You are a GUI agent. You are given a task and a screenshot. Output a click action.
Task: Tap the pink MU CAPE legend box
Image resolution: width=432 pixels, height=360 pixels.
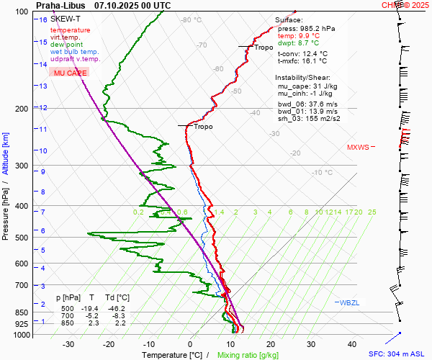[69, 73]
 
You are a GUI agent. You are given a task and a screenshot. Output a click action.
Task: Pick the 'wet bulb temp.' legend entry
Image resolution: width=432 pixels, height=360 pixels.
[75, 52]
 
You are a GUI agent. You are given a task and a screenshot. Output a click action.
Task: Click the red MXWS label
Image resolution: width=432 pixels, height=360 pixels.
[358, 147]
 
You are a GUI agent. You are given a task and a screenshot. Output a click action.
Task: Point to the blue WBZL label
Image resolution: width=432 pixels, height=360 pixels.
[349, 302]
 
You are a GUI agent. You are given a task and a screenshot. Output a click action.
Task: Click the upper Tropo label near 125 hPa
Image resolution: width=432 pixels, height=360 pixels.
[264, 48]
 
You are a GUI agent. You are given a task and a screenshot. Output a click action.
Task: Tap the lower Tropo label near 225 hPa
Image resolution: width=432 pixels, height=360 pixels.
[203, 127]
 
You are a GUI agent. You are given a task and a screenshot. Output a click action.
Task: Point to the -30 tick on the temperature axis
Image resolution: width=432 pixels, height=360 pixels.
[68, 344]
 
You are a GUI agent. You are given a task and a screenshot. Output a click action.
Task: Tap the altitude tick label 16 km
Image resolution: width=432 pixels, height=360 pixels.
[43, 19]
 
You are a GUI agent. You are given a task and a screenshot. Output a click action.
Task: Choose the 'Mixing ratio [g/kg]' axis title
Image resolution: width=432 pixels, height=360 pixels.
[248, 355]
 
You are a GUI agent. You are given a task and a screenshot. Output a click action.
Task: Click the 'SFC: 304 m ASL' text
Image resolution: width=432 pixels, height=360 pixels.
[398, 354]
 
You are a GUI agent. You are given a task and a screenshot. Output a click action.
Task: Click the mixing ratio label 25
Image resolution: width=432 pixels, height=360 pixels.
[372, 212]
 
